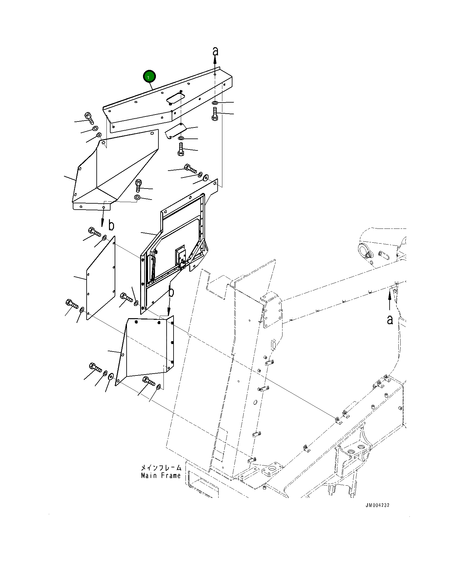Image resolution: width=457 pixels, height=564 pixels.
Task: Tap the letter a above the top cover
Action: point(215,51)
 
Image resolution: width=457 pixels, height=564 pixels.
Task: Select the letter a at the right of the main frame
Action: point(390,319)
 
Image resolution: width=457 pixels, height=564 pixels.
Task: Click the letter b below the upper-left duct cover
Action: point(111,225)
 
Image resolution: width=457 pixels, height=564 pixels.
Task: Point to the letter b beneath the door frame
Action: point(171,292)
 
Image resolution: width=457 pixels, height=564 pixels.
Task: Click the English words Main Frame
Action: point(161,476)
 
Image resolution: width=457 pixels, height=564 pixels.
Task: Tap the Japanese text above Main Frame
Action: point(161,468)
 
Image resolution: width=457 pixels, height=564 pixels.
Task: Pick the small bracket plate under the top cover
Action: point(176,130)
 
